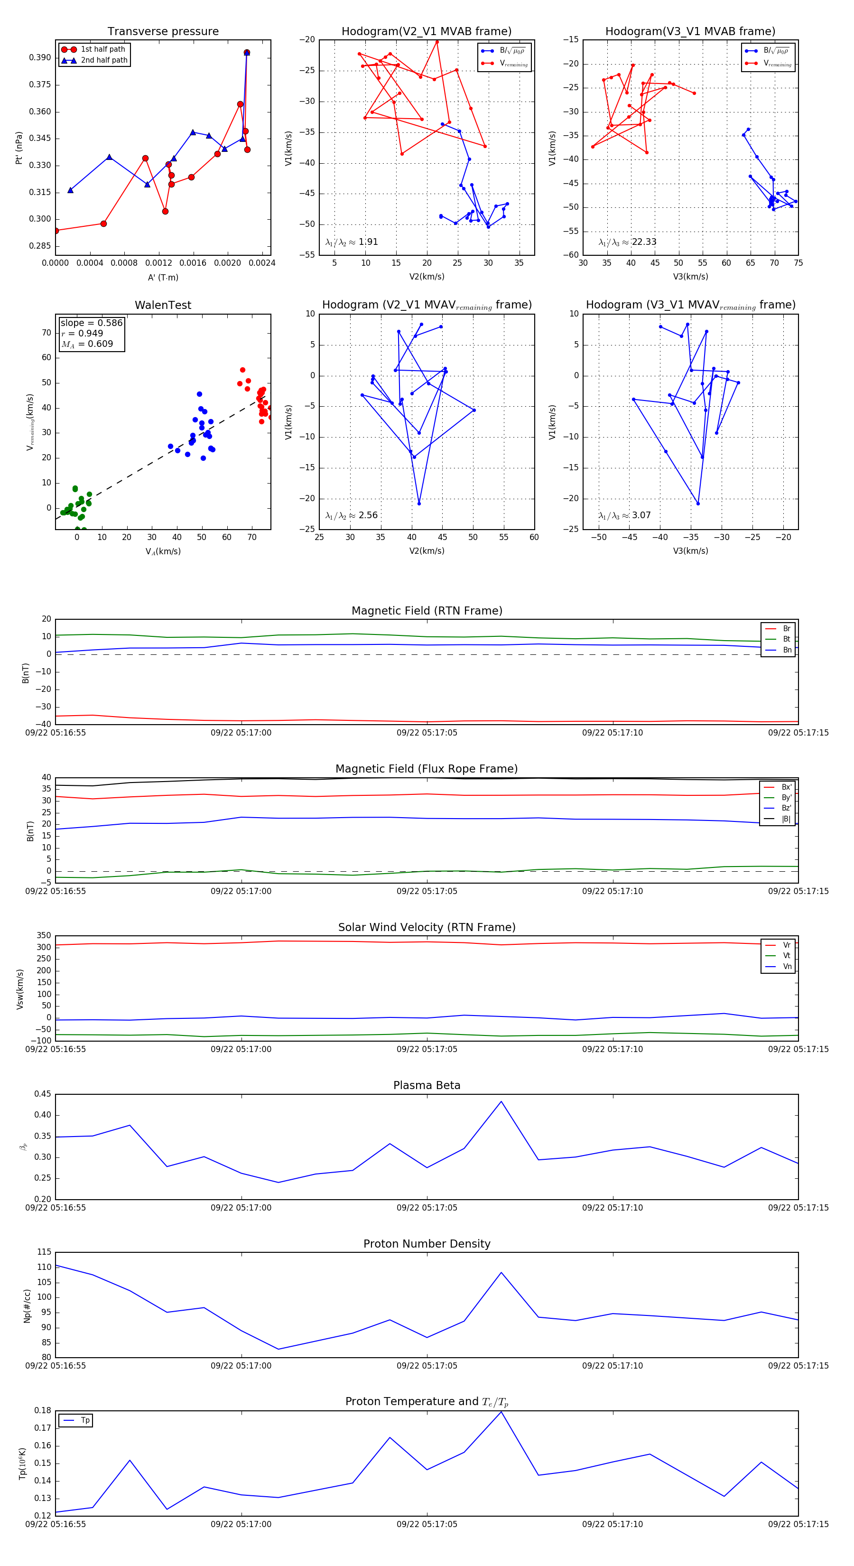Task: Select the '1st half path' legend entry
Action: (102, 49)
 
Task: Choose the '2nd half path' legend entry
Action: (104, 60)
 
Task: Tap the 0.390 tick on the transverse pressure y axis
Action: (40, 58)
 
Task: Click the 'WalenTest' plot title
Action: (163, 305)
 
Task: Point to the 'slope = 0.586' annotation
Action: (91, 323)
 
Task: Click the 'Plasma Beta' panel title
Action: (427, 1085)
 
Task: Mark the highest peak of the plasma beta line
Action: (501, 1101)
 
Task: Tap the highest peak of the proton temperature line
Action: (501, 1412)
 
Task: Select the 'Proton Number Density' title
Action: (427, 1243)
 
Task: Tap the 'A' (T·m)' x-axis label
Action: (163, 277)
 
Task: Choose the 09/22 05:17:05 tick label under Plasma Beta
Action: (427, 1207)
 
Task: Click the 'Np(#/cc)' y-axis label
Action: (27, 1306)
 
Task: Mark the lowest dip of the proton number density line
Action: (278, 1349)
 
